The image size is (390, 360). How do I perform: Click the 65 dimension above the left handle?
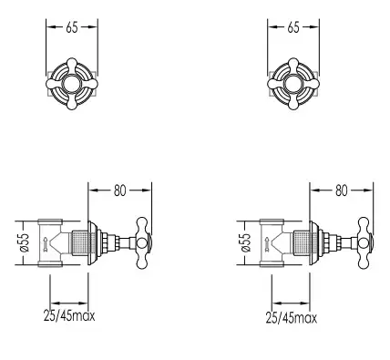pyautogui.click(x=72, y=27)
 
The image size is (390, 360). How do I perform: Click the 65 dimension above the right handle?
pyautogui.click(x=293, y=27)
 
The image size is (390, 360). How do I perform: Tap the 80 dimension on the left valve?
pyautogui.click(x=119, y=190)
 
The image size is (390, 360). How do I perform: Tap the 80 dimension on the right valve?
pyautogui.click(x=341, y=190)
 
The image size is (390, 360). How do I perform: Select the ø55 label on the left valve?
pyautogui.click(x=25, y=242)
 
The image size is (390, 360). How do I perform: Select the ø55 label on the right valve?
pyautogui.click(x=246, y=242)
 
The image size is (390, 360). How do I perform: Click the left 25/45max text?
pyautogui.click(x=69, y=316)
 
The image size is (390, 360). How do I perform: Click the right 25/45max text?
pyautogui.click(x=292, y=318)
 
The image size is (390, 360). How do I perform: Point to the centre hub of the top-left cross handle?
pyautogui.click(x=72, y=84)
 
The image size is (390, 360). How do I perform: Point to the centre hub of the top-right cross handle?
pyautogui.click(x=293, y=84)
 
